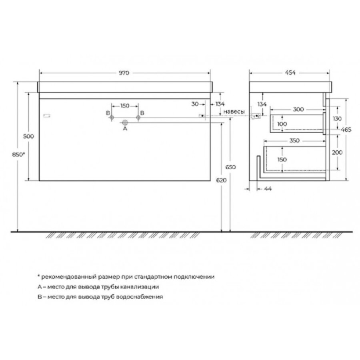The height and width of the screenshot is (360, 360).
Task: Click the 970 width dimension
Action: pos(124,73)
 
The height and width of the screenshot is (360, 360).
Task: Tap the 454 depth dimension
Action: pos(290,73)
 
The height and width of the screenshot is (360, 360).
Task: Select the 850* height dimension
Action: pos(18,154)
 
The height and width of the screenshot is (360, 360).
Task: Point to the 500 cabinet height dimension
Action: pos(28,136)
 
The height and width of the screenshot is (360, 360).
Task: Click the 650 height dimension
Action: pos(230,167)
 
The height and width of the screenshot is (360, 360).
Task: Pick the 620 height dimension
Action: pos(221,180)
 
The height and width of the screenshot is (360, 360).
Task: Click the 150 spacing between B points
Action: pos(125,106)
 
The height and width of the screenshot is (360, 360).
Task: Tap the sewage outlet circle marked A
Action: pos(125,123)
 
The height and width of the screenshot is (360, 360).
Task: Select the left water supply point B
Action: pos(112,117)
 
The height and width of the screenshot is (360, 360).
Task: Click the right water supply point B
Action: pos(138,117)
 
